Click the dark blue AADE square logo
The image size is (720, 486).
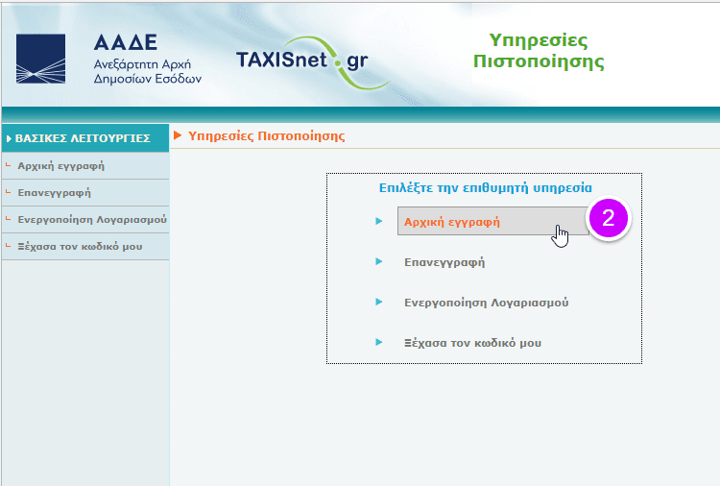pyautogui.click(x=40, y=59)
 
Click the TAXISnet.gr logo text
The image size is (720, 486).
pyautogui.click(x=302, y=61)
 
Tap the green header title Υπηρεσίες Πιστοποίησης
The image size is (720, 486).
pyautogui.click(x=539, y=51)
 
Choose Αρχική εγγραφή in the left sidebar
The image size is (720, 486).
pyautogui.click(x=61, y=166)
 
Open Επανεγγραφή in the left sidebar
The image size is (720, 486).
pyautogui.click(x=54, y=192)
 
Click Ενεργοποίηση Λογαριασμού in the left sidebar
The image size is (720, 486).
pyautogui.click(x=92, y=220)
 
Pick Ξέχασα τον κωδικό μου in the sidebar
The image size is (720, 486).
pyautogui.click(x=80, y=246)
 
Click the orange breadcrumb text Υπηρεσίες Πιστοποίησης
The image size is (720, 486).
pyautogui.click(x=266, y=136)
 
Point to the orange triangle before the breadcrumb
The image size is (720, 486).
pyautogui.click(x=178, y=135)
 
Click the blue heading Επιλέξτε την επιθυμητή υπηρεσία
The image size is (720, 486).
pyautogui.click(x=486, y=188)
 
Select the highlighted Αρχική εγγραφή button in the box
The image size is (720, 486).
pyautogui.click(x=493, y=222)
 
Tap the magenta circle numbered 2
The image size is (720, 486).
pyautogui.click(x=609, y=218)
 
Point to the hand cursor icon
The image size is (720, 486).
pyautogui.click(x=560, y=236)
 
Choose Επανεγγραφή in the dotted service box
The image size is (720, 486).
pyautogui.click(x=444, y=262)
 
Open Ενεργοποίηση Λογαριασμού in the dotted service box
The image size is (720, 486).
pyautogui.click(x=487, y=303)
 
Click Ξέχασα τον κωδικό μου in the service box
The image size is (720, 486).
pyautogui.click(x=472, y=343)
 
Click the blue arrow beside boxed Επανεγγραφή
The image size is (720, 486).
pyautogui.click(x=379, y=261)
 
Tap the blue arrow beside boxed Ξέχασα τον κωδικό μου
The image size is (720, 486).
pyautogui.click(x=379, y=342)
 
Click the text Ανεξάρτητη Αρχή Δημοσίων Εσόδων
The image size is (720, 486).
pyautogui.click(x=148, y=71)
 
